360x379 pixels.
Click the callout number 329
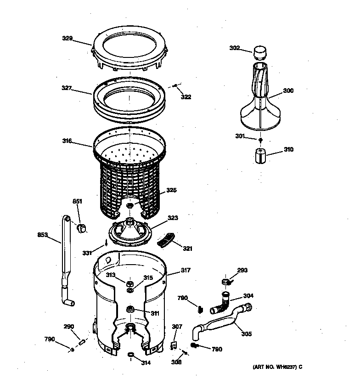[67, 39]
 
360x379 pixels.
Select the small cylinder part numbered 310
[261, 155]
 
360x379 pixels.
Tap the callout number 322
[186, 97]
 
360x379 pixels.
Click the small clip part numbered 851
[82, 227]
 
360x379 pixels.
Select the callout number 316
[67, 141]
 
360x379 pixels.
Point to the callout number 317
[185, 271]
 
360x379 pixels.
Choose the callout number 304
[248, 296]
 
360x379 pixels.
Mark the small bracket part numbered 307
[174, 345]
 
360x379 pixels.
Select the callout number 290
[68, 327]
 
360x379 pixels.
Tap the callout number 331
[88, 252]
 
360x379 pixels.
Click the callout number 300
[288, 91]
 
